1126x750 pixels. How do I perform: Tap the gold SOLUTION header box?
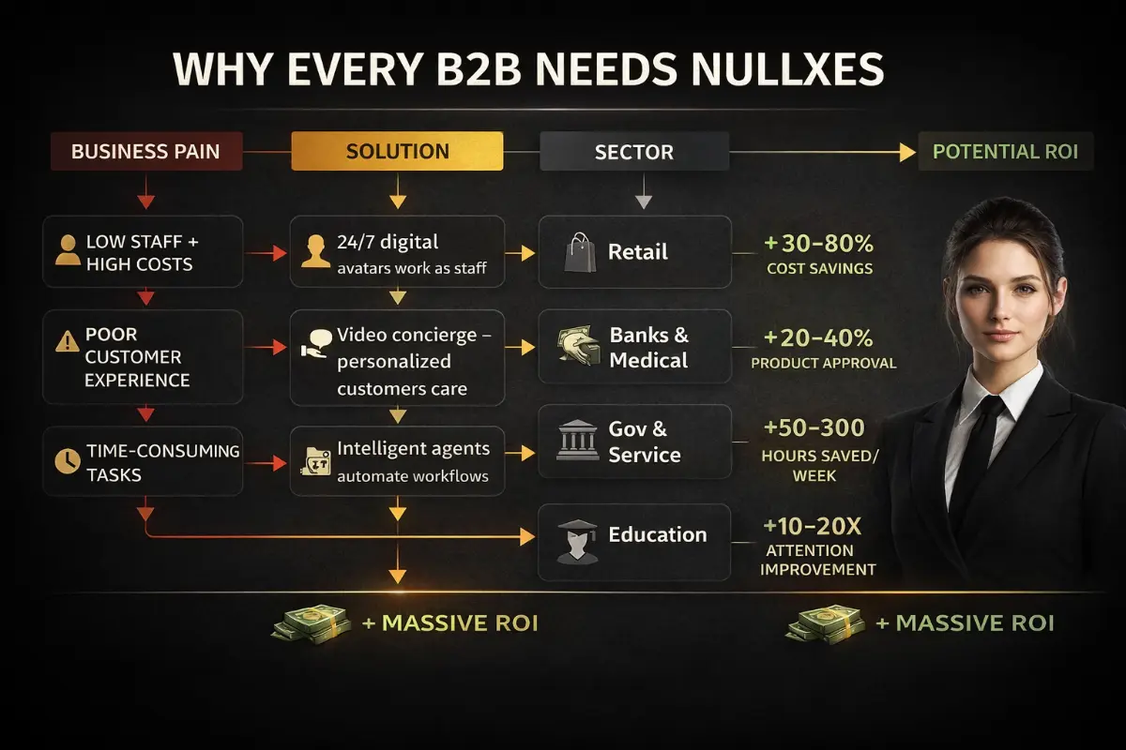[x=397, y=151]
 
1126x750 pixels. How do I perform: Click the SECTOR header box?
[x=633, y=152]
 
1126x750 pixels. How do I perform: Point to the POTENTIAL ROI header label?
[x=1006, y=152]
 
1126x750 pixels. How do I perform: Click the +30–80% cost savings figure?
[x=818, y=245]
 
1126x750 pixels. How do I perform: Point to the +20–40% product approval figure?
[x=818, y=337]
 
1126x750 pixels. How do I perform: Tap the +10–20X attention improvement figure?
[x=813, y=528]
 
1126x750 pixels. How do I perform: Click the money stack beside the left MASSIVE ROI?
[x=312, y=622]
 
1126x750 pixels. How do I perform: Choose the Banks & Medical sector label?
[x=648, y=348]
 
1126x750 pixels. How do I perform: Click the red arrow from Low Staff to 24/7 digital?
[x=266, y=252]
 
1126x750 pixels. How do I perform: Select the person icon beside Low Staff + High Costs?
[x=66, y=250]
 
